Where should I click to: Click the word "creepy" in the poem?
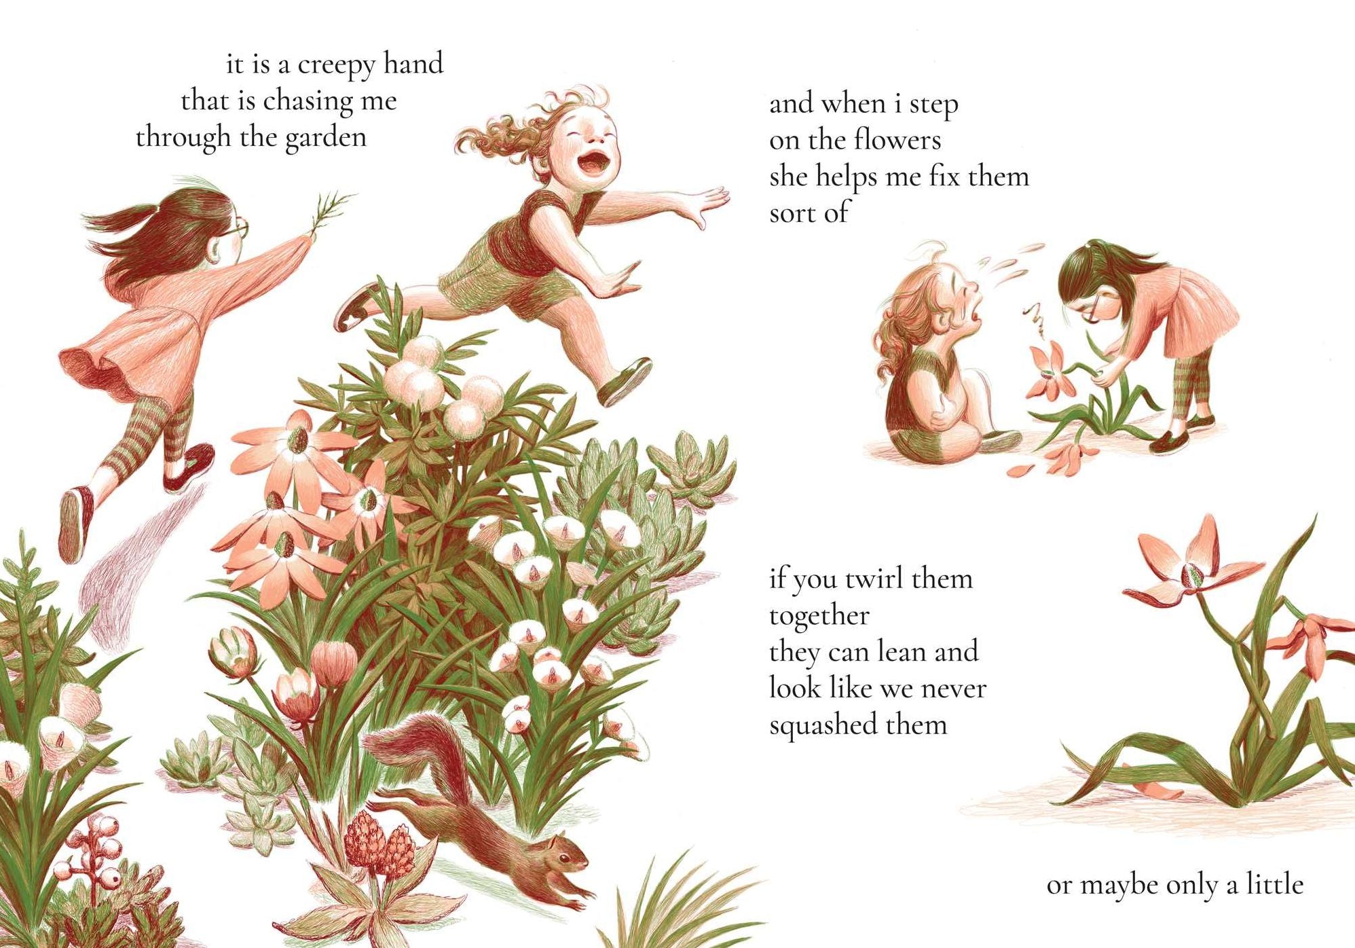(336, 65)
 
